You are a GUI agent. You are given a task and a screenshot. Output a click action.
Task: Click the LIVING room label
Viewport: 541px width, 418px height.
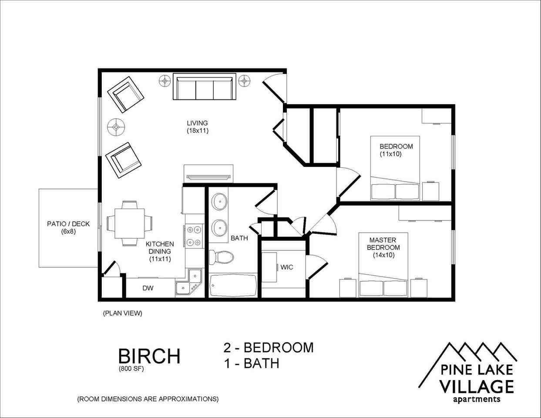tap(197, 123)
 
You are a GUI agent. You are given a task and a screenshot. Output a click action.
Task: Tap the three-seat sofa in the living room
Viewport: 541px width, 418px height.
tap(204, 87)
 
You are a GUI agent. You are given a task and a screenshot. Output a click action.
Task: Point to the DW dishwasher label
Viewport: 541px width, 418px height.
tap(148, 288)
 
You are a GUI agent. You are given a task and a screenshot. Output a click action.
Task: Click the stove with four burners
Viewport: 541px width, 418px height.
tap(194, 236)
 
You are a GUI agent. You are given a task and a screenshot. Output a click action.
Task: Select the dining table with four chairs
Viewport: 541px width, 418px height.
tap(129, 223)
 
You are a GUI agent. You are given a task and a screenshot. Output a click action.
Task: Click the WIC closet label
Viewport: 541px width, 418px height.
tap(287, 267)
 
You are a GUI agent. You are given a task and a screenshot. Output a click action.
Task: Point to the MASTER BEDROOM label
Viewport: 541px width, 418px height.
tap(383, 244)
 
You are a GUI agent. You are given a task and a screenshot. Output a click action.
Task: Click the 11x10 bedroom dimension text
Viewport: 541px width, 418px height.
tap(390, 154)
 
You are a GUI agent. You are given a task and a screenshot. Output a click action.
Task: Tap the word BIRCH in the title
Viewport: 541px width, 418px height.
tap(149, 356)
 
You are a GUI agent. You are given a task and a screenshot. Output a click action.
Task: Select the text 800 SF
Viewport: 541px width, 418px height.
tap(131, 369)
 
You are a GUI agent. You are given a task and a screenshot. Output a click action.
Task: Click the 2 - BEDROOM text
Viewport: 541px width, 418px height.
tap(269, 347)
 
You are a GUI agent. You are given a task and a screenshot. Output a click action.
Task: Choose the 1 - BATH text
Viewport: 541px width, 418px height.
tap(252, 363)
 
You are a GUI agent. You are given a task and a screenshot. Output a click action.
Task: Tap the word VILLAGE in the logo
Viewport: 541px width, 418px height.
tap(476, 386)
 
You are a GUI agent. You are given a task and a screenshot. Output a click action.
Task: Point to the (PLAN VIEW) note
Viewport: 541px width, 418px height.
tap(122, 313)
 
